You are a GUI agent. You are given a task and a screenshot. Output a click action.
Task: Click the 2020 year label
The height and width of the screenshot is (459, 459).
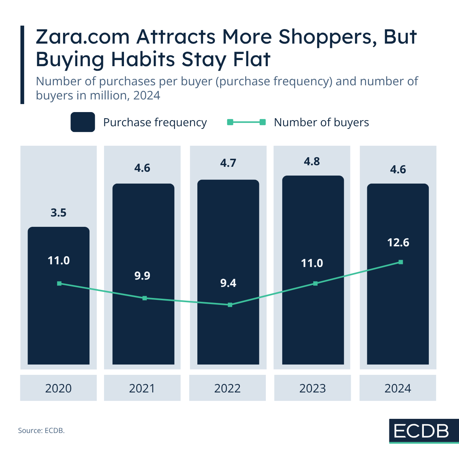coord(59,388)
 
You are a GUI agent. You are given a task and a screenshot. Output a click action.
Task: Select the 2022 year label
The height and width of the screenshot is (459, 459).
coord(228,388)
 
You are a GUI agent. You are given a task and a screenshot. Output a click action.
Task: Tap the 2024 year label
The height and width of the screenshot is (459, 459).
coord(398,388)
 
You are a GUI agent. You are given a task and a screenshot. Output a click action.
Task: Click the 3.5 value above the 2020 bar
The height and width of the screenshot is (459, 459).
coord(59,213)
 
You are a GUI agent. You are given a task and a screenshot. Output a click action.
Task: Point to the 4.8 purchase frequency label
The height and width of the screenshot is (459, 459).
coord(312,161)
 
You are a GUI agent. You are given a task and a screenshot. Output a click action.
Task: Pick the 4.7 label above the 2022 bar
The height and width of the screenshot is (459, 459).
coord(228,163)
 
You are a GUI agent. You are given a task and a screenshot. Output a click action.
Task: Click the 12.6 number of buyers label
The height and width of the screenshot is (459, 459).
coord(398,243)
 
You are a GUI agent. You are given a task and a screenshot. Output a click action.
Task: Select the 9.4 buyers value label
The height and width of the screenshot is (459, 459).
coord(228,283)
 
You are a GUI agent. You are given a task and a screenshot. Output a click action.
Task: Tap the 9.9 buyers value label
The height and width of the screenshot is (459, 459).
coord(142,276)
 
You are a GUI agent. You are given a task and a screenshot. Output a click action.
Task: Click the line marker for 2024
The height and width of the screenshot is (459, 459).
coord(401,262)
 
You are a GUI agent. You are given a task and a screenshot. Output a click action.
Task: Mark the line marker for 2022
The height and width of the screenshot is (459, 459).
coord(230,305)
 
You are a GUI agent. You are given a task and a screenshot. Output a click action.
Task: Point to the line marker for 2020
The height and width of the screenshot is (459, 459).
coord(59,283)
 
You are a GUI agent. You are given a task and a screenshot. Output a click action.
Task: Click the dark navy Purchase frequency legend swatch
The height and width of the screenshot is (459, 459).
coord(83,122)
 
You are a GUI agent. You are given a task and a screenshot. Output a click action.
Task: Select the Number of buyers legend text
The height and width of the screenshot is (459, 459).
coord(321,122)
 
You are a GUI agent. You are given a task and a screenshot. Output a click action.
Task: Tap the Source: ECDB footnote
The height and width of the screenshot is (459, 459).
coord(41,431)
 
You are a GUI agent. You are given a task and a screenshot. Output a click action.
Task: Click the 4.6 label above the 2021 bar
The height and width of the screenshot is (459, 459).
coord(142,168)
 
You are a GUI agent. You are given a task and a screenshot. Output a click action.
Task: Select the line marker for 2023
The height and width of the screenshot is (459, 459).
coord(316,283)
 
